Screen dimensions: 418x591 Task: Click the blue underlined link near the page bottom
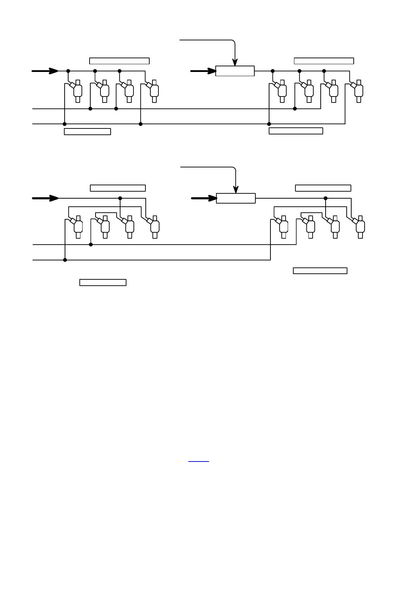(198, 460)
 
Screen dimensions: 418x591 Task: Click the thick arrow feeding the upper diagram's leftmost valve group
(45, 71)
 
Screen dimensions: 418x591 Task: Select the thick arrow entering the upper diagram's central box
(203, 71)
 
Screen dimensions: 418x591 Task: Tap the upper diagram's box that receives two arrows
(235, 71)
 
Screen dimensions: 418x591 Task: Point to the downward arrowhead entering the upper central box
(235, 62)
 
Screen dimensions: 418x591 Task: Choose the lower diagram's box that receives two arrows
(236, 198)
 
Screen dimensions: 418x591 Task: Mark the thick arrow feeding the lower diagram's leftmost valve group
(45, 198)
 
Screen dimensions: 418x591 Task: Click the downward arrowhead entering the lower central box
(236, 190)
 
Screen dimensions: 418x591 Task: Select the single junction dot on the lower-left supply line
(120, 198)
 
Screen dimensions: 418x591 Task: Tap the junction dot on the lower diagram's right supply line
(326, 198)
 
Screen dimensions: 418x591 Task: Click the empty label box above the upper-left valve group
(119, 61)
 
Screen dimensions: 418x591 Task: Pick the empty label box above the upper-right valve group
(324, 61)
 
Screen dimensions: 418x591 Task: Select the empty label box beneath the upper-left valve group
(87, 132)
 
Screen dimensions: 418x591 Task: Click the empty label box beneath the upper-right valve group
(296, 131)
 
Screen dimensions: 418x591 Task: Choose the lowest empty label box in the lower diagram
(103, 283)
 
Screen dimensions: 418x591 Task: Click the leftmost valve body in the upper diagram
(78, 91)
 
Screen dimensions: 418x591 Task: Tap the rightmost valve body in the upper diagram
(359, 91)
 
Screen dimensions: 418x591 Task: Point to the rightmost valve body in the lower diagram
(360, 227)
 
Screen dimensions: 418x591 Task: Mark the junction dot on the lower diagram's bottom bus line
(65, 260)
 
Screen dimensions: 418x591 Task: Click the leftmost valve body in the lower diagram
(78, 227)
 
